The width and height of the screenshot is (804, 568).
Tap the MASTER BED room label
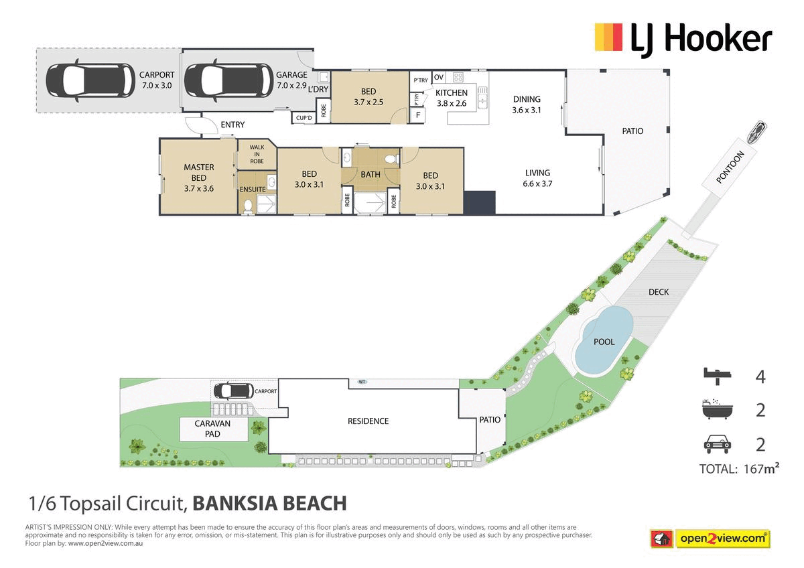point(199,173)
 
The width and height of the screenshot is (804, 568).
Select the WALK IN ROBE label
point(257,154)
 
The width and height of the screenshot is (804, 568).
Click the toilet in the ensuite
point(247,206)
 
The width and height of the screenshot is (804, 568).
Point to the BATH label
point(370,175)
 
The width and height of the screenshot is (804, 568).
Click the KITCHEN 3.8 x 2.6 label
point(452,98)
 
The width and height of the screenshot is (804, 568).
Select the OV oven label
point(439,78)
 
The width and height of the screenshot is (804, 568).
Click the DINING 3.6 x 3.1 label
point(527,104)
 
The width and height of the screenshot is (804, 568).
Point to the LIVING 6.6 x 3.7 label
point(537,177)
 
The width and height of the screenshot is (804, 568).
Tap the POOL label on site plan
point(604,342)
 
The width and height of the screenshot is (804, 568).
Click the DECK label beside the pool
point(659,292)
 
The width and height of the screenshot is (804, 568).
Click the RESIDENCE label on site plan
point(368,421)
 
